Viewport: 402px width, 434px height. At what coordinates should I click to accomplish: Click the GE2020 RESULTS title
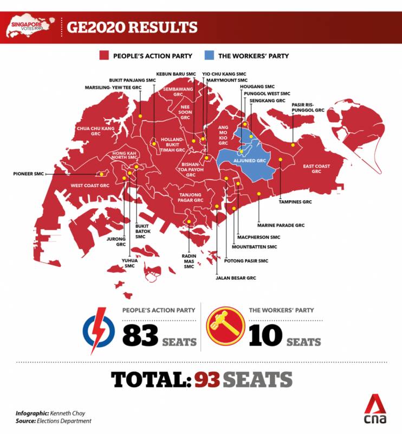(132, 27)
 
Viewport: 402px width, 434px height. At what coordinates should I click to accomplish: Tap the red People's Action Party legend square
(103, 55)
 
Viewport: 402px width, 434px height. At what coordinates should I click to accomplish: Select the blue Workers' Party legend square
(209, 55)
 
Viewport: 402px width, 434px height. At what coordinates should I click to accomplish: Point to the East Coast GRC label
(316, 168)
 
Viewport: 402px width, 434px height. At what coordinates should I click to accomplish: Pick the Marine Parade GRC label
(281, 224)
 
